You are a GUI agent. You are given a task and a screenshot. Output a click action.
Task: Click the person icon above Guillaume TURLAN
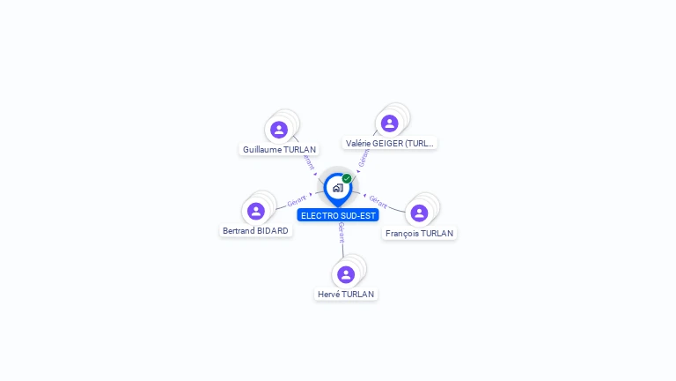click(279, 130)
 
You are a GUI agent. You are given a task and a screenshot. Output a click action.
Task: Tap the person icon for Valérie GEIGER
click(389, 123)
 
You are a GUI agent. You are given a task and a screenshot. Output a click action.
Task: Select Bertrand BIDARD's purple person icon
click(256, 211)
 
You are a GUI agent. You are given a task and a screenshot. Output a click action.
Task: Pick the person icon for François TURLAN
click(419, 213)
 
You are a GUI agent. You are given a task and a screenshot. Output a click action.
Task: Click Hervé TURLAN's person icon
click(346, 274)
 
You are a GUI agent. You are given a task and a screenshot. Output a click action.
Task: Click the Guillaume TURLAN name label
click(279, 150)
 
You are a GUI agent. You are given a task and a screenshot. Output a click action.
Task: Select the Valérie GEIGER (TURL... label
click(390, 143)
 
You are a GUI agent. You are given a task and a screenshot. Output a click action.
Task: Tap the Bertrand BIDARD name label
click(255, 231)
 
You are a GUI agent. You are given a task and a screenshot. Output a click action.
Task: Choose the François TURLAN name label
click(420, 234)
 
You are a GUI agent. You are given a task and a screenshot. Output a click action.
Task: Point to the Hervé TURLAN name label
click(346, 295)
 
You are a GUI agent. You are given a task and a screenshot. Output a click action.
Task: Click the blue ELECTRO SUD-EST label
click(338, 215)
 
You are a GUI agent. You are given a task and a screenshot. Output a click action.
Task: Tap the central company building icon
click(337, 188)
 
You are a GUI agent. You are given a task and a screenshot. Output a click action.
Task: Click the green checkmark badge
click(347, 178)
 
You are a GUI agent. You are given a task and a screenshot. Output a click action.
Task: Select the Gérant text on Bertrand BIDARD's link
click(297, 202)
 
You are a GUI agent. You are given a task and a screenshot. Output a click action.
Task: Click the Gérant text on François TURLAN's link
click(378, 202)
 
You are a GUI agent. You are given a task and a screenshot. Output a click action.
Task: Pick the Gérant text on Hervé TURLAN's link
click(341, 233)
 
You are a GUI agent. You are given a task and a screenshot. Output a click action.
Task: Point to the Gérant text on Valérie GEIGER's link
click(364, 158)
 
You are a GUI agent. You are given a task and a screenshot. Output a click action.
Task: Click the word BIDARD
click(273, 231)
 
